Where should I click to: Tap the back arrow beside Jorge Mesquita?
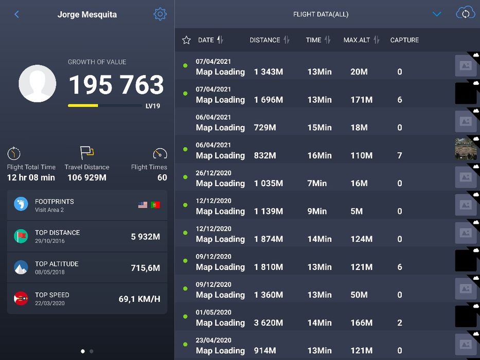[16, 14]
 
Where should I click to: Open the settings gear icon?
[160, 14]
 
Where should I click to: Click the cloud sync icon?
[465, 13]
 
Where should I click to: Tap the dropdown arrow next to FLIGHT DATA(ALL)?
[437, 14]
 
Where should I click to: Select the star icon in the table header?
[186, 40]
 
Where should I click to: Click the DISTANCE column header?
[265, 40]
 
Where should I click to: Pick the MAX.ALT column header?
[357, 40]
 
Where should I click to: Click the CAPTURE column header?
[404, 40]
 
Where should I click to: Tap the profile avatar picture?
[38, 83]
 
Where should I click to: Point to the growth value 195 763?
[116, 85]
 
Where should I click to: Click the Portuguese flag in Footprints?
[155, 205]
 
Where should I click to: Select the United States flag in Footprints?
[143, 205]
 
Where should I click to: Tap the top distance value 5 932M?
[145, 237]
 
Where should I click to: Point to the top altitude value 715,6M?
[145, 268]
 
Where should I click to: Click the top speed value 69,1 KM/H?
[139, 299]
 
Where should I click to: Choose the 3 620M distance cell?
[268, 323]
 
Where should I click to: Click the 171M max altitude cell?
[361, 100]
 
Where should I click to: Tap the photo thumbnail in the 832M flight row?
[466, 149]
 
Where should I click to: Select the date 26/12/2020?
[214, 173]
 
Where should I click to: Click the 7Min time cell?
[317, 183]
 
